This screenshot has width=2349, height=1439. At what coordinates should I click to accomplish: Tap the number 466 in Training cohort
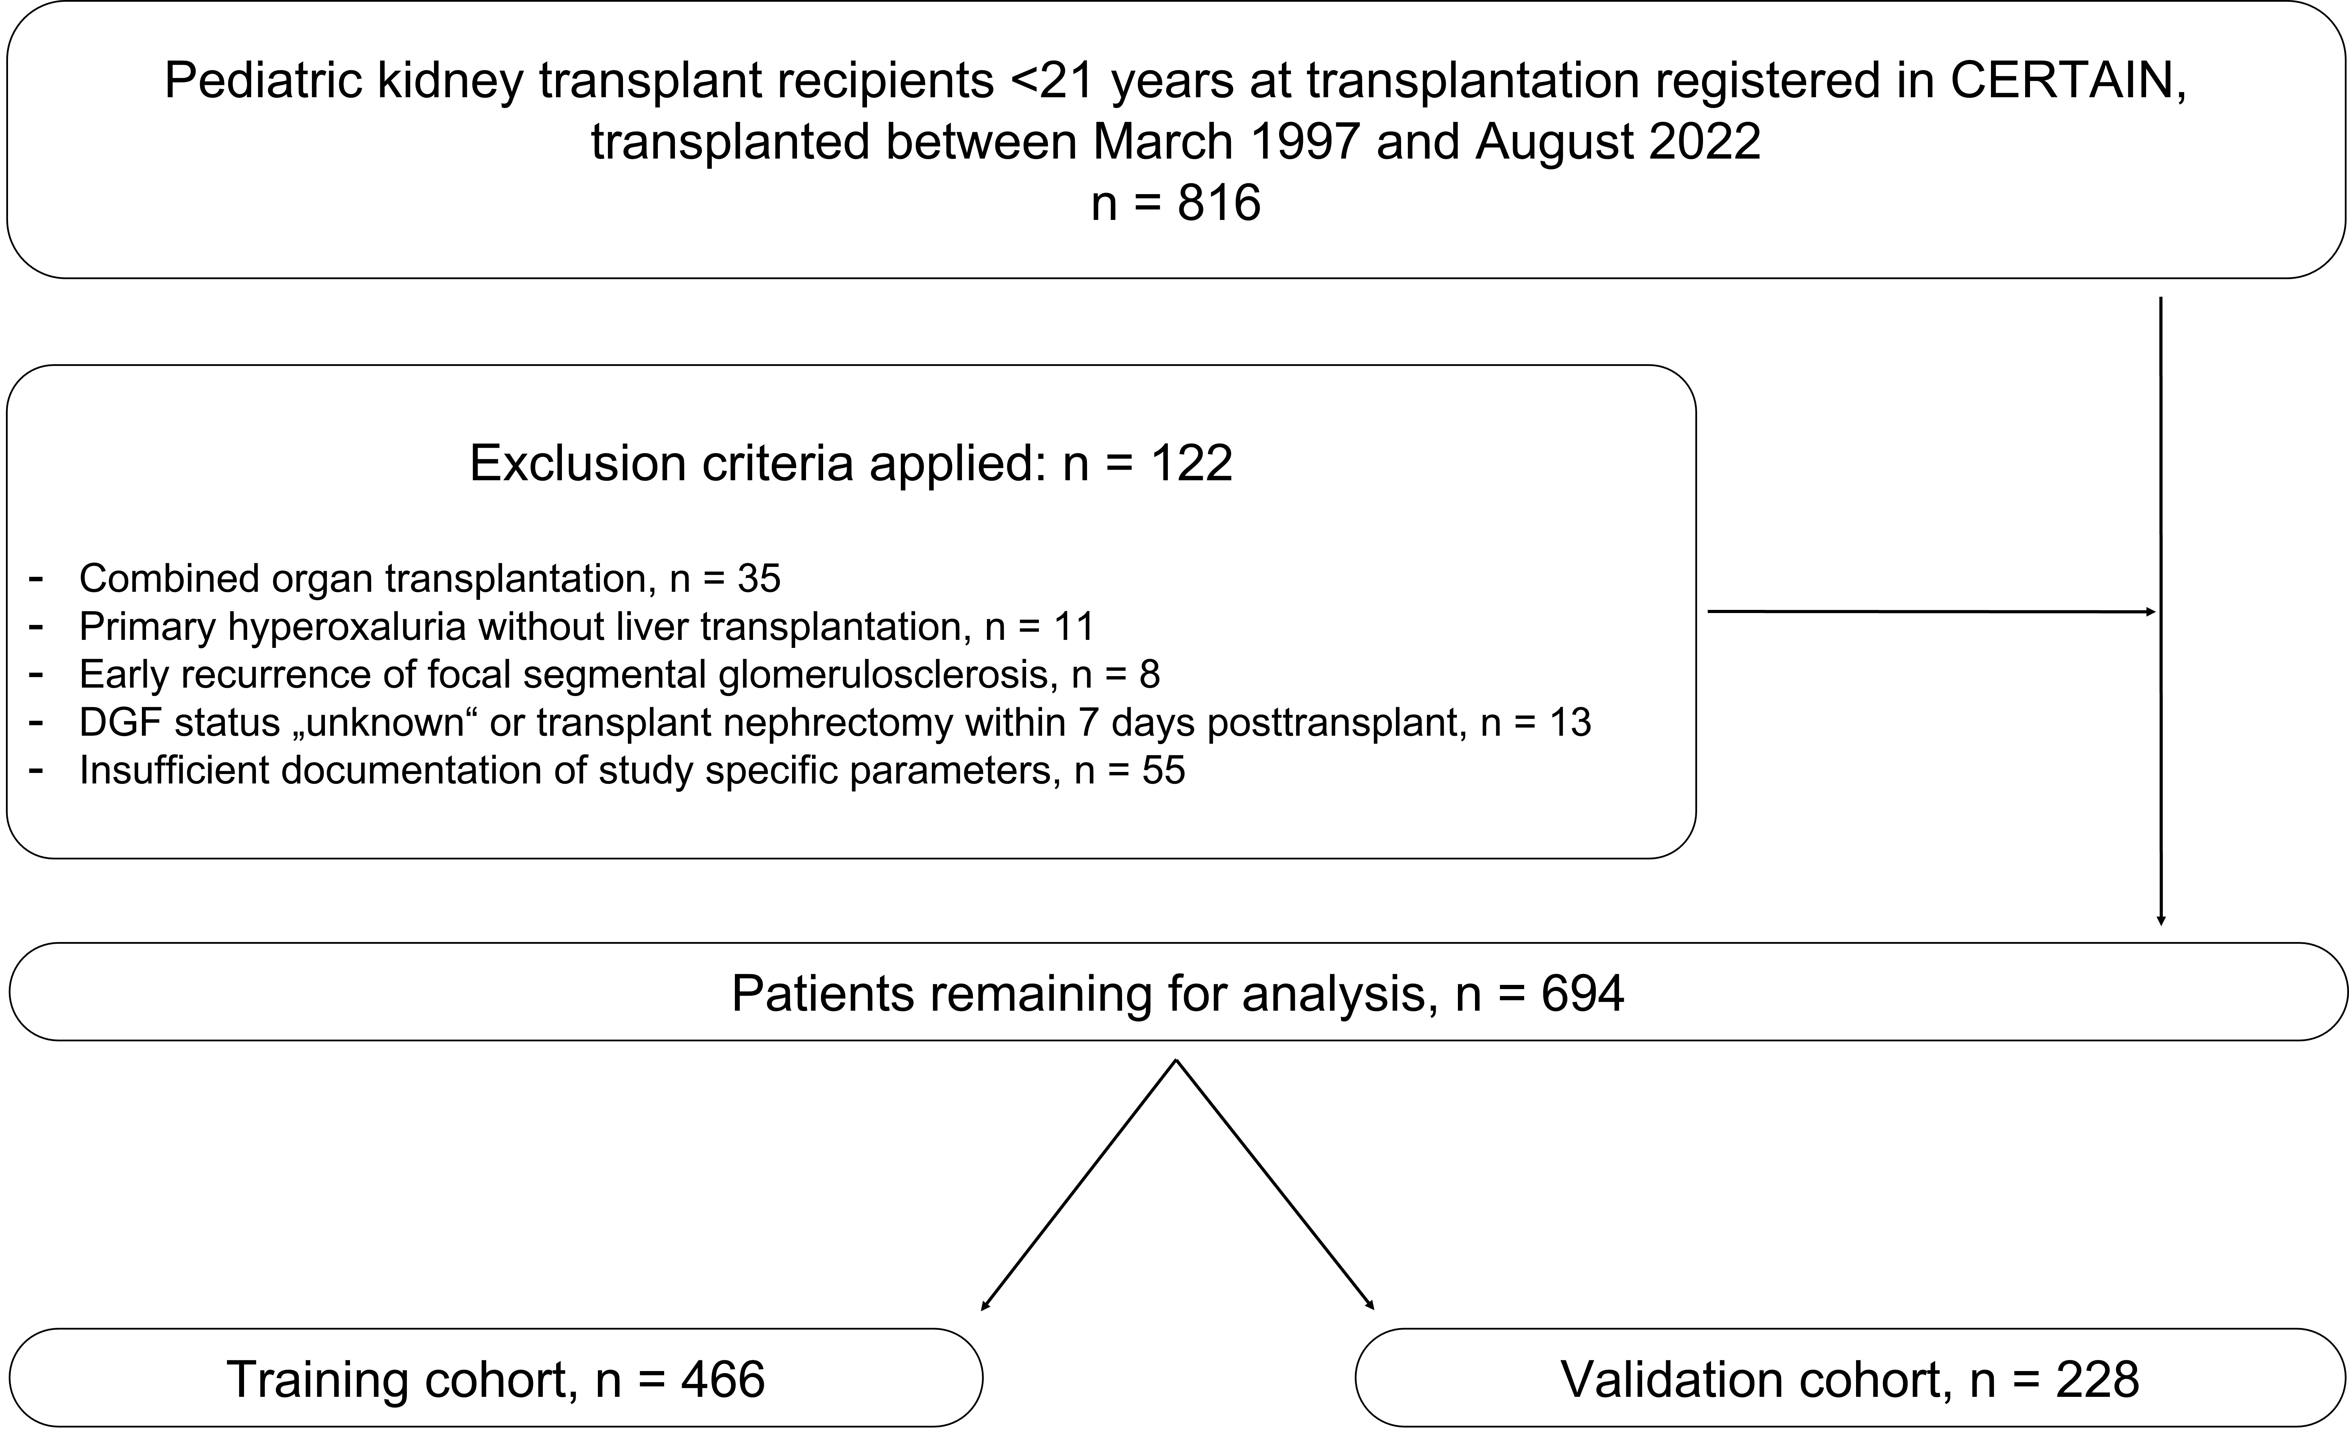(x=723, y=1379)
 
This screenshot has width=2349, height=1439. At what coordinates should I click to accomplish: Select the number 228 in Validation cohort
(x=2097, y=1379)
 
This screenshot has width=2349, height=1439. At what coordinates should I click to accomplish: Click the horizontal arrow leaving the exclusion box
(x=1931, y=612)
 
